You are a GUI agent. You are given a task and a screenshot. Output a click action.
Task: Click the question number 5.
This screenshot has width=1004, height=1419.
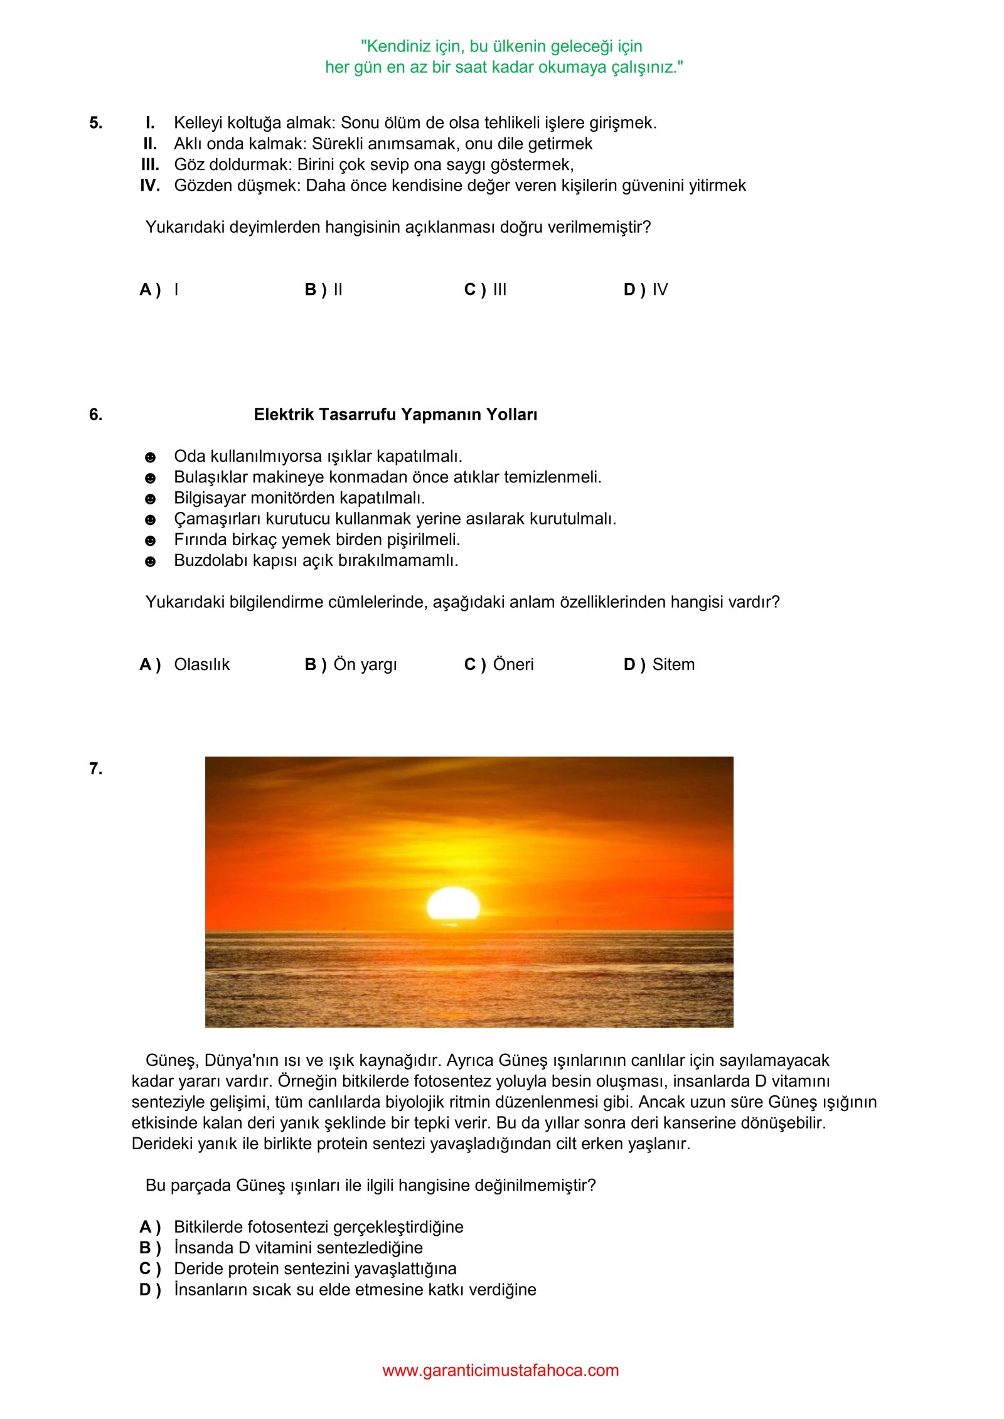click(x=95, y=123)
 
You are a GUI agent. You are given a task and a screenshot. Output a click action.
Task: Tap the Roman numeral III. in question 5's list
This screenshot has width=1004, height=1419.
click(x=150, y=164)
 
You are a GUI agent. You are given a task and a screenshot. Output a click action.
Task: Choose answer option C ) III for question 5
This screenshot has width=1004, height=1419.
click(x=485, y=290)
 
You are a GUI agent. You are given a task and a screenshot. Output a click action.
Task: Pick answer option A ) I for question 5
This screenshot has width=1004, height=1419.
click(x=159, y=290)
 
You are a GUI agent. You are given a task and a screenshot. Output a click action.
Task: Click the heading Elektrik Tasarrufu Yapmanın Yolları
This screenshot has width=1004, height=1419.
click(x=395, y=415)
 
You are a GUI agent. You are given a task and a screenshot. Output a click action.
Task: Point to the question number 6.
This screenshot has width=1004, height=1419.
click(x=95, y=415)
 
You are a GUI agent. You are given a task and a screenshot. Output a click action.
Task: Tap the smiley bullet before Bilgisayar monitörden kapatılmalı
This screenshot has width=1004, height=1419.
click(x=150, y=499)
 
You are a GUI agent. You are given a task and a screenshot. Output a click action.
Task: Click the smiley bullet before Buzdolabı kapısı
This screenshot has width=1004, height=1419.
click(x=150, y=562)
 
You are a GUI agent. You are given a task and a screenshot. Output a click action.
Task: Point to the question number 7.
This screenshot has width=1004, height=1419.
click(x=95, y=769)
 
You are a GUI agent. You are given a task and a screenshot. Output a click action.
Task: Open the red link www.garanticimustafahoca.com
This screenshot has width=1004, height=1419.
click(x=500, y=1371)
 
